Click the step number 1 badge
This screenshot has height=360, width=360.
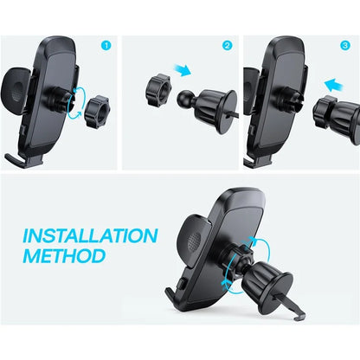106,45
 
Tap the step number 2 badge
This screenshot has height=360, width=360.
228,45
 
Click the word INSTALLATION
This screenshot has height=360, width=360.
90,235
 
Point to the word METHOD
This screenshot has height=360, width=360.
66,256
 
